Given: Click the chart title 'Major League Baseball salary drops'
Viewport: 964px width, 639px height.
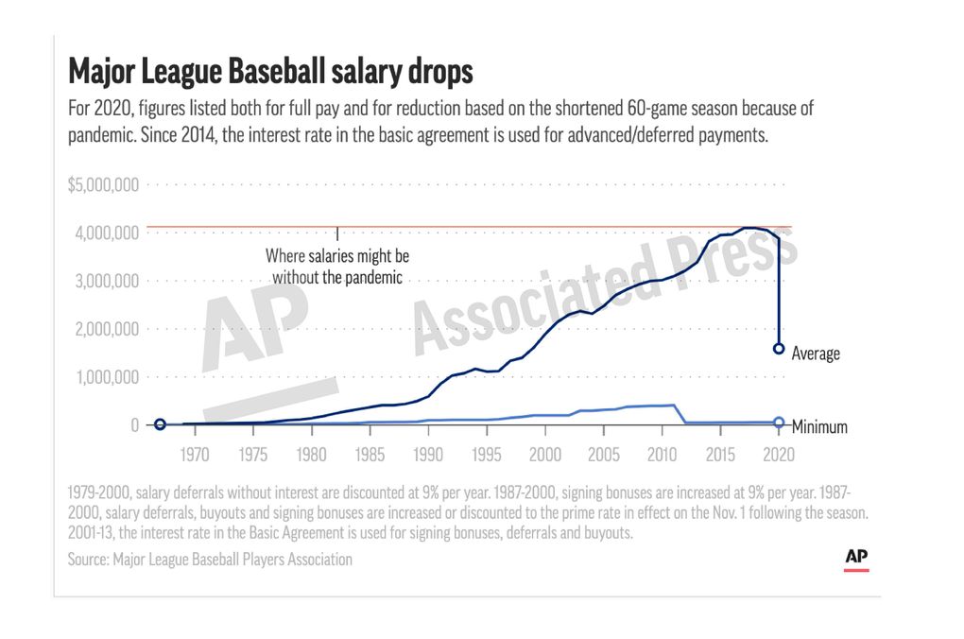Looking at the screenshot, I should pos(270,72).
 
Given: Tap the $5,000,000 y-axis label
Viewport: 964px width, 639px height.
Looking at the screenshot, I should pos(103,184).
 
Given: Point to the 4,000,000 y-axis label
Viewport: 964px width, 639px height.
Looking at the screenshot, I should pos(106,233).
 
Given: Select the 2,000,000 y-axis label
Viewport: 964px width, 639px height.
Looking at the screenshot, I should pos(106,329).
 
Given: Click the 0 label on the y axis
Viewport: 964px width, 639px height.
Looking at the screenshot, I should pos(135,425).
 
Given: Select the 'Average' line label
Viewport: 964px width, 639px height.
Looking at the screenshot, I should pos(815,354).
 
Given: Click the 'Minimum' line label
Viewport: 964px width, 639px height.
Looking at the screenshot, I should pos(818,427).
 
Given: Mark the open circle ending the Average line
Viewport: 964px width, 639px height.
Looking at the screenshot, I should pos(779,349).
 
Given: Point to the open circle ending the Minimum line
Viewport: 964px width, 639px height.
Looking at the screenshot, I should pos(779,423).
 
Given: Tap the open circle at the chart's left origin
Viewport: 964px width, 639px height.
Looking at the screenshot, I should pos(160,425).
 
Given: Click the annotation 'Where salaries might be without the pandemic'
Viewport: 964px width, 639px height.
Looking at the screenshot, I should pos(337,267).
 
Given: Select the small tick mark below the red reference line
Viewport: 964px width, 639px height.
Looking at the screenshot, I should pos(337,233).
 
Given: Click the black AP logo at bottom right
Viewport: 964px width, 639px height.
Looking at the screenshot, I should pos(856,558).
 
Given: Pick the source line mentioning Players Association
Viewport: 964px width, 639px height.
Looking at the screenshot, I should pos(210,560).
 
